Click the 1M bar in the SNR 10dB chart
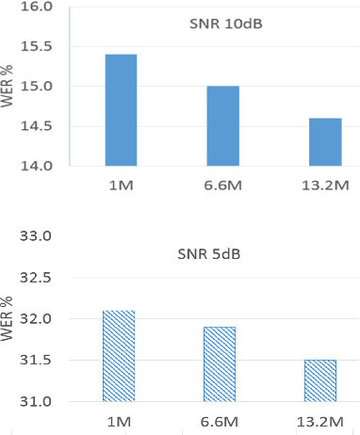(x=121, y=110)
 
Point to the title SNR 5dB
(x=223, y=253)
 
